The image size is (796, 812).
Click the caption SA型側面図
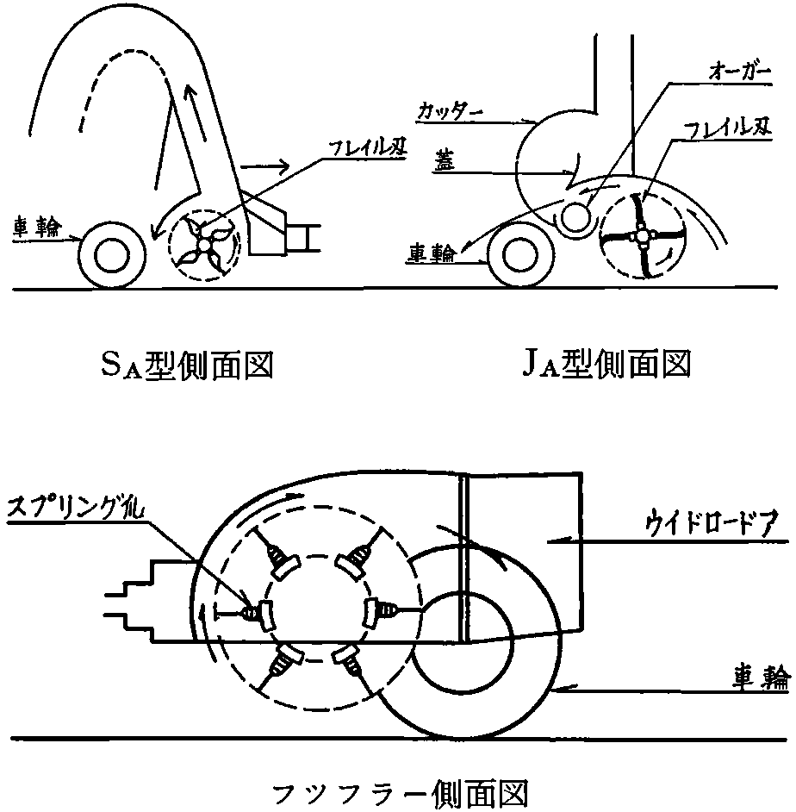[186, 366]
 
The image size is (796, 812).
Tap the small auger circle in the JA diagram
[572, 218]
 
